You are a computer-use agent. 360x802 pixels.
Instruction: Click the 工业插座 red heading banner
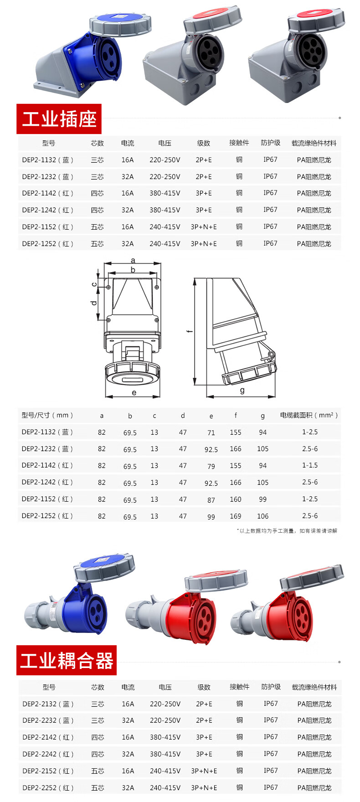click(x=59, y=119)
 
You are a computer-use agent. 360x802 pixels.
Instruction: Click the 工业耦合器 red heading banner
click(x=67, y=660)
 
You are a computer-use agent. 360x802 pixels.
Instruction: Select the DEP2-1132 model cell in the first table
click(x=47, y=160)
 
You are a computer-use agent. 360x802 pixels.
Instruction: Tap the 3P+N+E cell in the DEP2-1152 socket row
click(x=204, y=227)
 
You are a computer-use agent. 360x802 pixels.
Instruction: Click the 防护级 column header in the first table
click(x=271, y=143)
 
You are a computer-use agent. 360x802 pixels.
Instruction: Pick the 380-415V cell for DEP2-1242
click(x=165, y=210)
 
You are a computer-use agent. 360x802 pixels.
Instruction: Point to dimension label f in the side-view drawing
click(x=190, y=331)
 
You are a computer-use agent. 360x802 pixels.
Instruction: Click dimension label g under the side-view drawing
click(x=242, y=391)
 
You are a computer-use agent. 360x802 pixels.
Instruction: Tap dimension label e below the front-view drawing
click(x=134, y=392)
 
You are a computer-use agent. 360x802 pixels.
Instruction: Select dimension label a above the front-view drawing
click(x=133, y=261)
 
